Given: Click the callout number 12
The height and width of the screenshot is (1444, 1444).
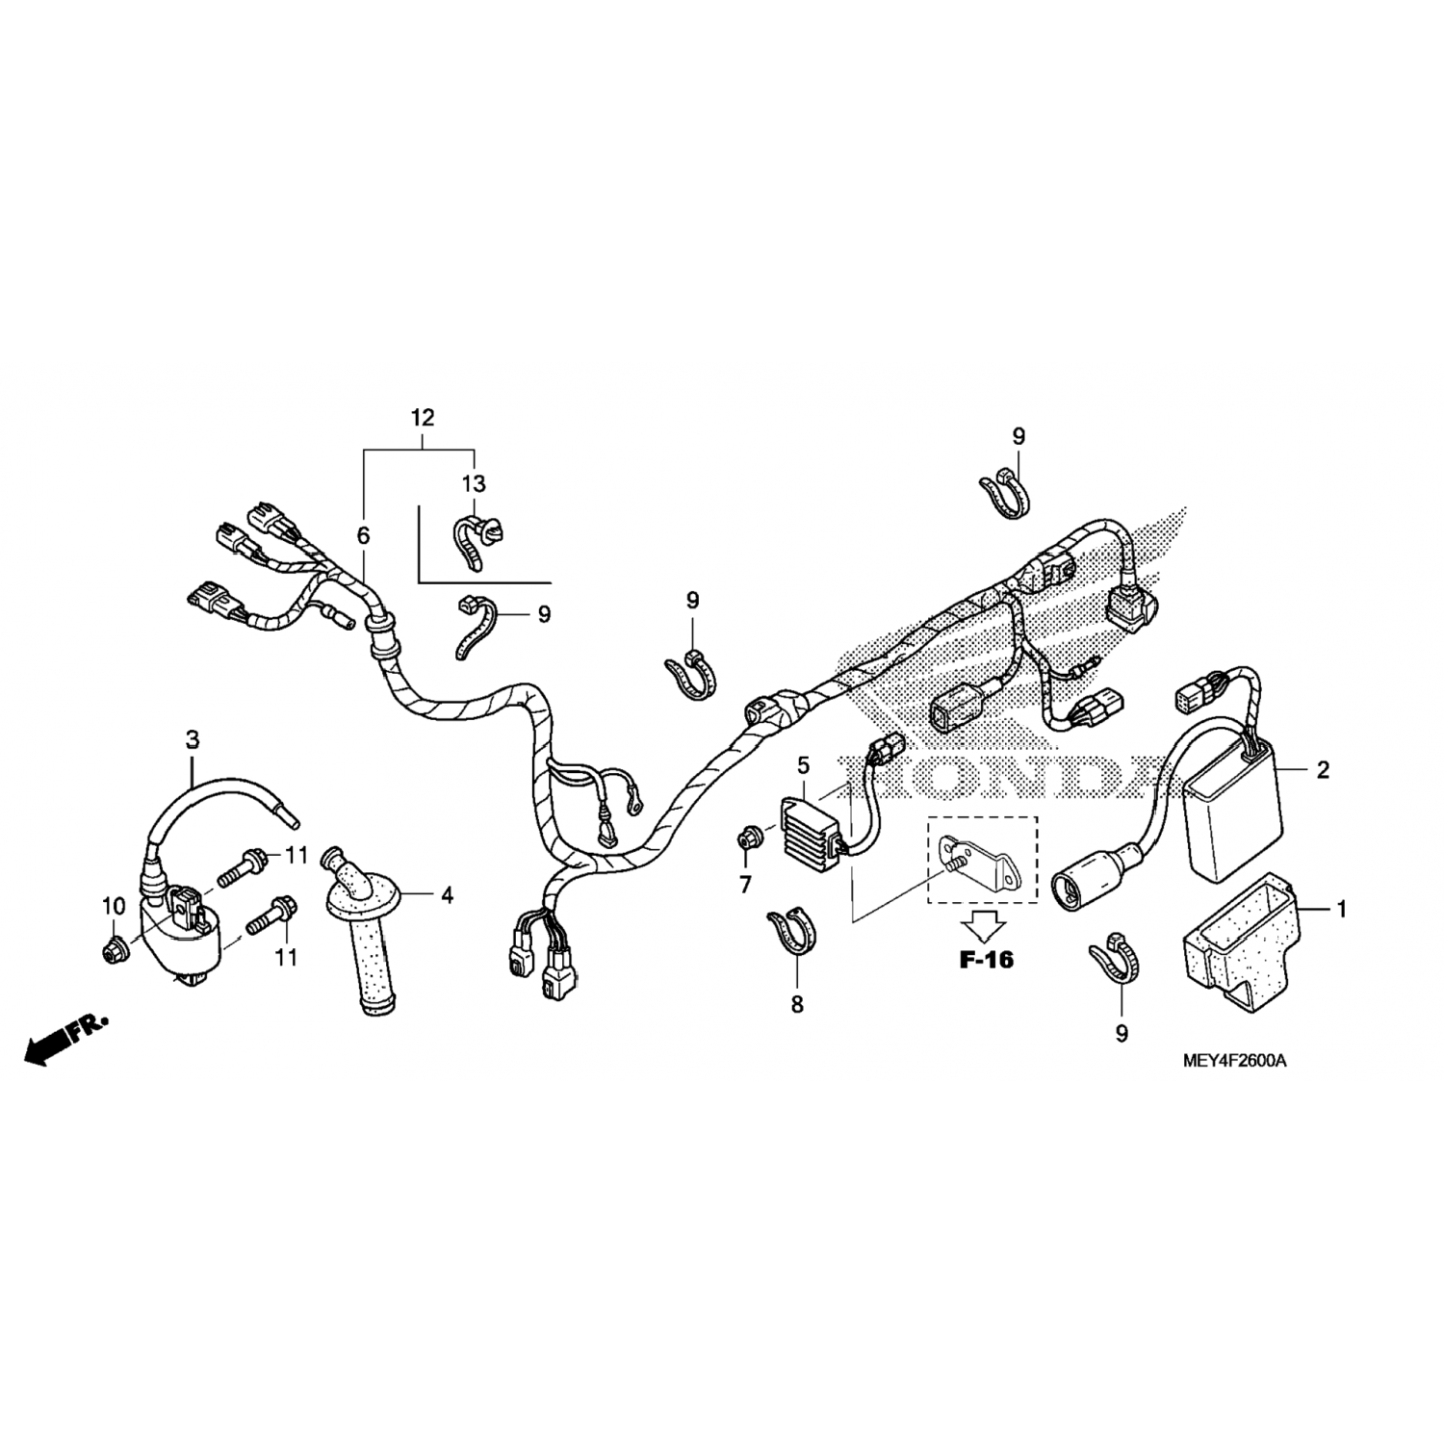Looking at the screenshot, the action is point(423,418).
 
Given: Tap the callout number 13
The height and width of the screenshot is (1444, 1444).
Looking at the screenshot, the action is point(475,483).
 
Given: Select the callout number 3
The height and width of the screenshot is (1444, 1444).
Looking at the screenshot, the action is point(193,739).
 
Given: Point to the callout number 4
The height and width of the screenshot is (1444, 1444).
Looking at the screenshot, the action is point(447,895).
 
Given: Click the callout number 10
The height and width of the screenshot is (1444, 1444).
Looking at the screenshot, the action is point(114,906).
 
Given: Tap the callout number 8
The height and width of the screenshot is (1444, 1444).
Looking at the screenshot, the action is point(797,1005).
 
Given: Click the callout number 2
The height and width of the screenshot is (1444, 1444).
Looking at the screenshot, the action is point(1323,769).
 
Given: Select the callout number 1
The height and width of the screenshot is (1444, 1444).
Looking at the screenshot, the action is point(1341,909).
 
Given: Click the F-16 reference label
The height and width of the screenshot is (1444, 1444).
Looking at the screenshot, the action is point(987,959).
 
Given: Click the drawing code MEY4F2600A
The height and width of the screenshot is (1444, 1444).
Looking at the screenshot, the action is point(1235,1061).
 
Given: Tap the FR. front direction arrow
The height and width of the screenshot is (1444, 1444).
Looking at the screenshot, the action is point(65,1038).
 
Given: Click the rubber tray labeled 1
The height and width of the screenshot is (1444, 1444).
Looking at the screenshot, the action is point(1243,934).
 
